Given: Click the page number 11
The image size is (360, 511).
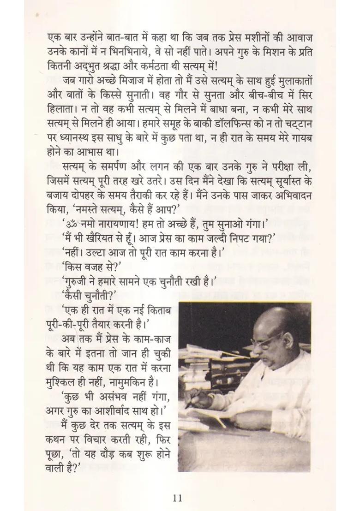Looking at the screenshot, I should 178,498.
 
